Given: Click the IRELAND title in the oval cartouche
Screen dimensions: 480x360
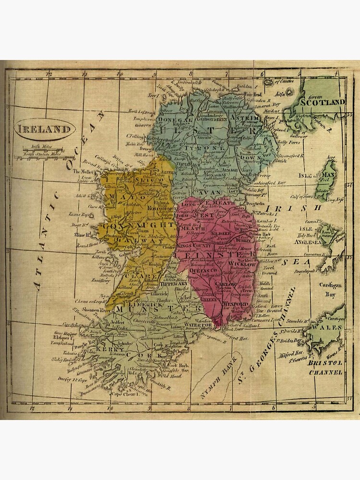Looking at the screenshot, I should tap(44, 129).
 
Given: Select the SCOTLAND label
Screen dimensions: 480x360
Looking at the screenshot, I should tap(322, 102).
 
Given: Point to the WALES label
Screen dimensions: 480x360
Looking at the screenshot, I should tap(328, 327).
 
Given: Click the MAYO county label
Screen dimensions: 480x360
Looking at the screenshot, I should tap(118, 196).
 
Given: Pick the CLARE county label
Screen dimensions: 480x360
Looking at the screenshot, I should tap(133, 277).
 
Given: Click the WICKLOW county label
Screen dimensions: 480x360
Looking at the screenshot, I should tap(243, 264).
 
